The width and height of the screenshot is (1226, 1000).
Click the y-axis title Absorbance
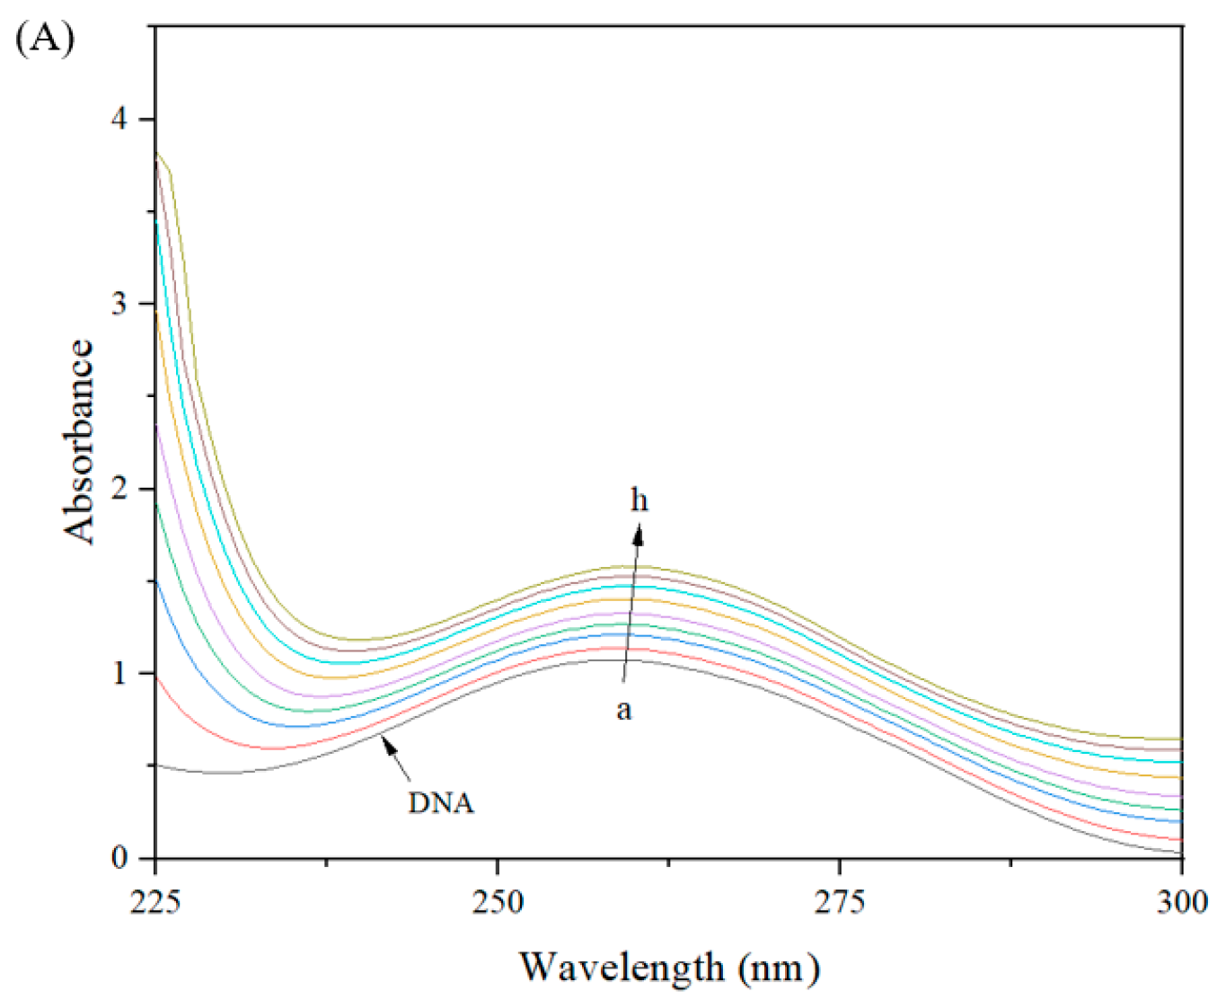[79, 441]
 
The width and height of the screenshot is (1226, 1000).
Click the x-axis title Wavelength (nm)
[669, 967]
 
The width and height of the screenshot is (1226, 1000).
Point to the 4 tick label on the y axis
[119, 119]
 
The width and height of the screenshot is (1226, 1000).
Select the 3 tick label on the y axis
[119, 304]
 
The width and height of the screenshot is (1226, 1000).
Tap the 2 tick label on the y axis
[119, 489]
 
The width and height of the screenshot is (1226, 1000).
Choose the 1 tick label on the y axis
[119, 674]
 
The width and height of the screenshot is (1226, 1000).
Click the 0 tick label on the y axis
[119, 858]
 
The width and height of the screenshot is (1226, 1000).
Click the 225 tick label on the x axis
[155, 901]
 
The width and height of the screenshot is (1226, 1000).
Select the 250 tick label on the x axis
[498, 901]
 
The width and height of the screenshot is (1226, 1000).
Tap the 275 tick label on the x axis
[840, 901]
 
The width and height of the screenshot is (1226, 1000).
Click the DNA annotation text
[441, 802]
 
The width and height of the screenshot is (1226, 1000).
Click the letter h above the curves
[639, 500]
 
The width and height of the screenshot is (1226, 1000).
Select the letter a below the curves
[623, 710]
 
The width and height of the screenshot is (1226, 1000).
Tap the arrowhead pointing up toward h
[638, 536]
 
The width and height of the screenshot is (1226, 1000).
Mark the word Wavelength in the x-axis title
[622, 967]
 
